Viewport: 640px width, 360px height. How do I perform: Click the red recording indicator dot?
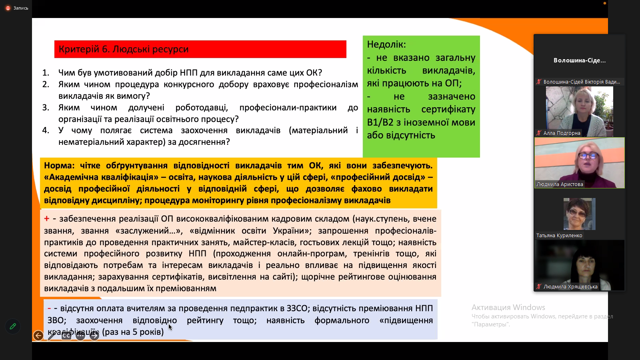pyautogui.click(x=8, y=8)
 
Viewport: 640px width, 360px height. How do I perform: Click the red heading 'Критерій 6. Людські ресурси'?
pyautogui.click(x=124, y=49)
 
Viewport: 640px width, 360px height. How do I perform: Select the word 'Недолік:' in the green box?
pyautogui.click(x=386, y=44)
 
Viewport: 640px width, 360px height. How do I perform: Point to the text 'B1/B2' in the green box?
pyautogui.click(x=380, y=122)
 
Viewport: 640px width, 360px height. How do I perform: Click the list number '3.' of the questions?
pyautogui.click(x=46, y=108)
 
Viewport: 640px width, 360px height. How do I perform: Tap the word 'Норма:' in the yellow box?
pyautogui.click(x=60, y=166)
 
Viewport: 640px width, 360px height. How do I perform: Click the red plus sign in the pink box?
pyautogui.click(x=46, y=219)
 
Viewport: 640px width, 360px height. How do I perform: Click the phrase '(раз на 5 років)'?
pyautogui.click(x=132, y=332)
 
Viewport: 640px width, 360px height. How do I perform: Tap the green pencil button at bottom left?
pyautogui.click(x=13, y=326)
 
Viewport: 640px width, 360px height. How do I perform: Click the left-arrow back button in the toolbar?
pyautogui.click(x=38, y=336)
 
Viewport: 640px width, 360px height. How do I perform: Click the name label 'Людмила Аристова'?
pyautogui.click(x=560, y=184)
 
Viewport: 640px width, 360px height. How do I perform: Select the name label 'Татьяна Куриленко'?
pyautogui.click(x=559, y=236)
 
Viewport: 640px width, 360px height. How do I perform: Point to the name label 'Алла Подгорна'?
pyautogui.click(x=562, y=133)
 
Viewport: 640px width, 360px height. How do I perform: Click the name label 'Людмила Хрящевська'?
pyautogui.click(x=570, y=286)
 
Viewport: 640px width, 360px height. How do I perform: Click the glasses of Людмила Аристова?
pyautogui.click(x=588, y=156)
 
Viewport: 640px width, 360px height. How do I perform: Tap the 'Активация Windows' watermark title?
pyautogui.click(x=508, y=308)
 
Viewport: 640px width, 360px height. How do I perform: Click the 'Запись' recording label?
pyautogui.click(x=21, y=8)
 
